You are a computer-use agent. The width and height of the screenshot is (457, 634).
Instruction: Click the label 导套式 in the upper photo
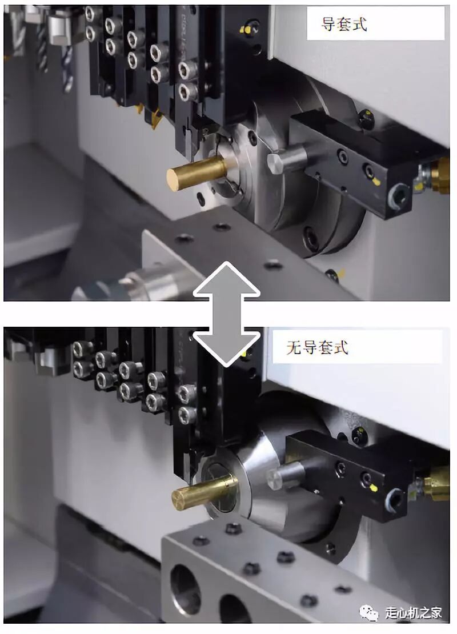tap(344, 24)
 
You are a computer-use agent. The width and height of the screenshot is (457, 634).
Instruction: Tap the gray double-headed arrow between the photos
tap(226, 314)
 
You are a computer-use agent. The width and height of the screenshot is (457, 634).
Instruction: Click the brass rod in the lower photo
tap(205, 492)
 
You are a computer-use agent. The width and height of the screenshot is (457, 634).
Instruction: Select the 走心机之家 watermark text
tap(414, 613)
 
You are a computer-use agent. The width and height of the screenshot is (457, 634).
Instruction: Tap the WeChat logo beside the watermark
tap(370, 612)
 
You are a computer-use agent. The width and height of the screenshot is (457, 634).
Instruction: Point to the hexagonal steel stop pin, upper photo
tap(287, 159)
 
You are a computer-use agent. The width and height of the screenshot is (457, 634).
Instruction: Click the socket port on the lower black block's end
tap(395, 499)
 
